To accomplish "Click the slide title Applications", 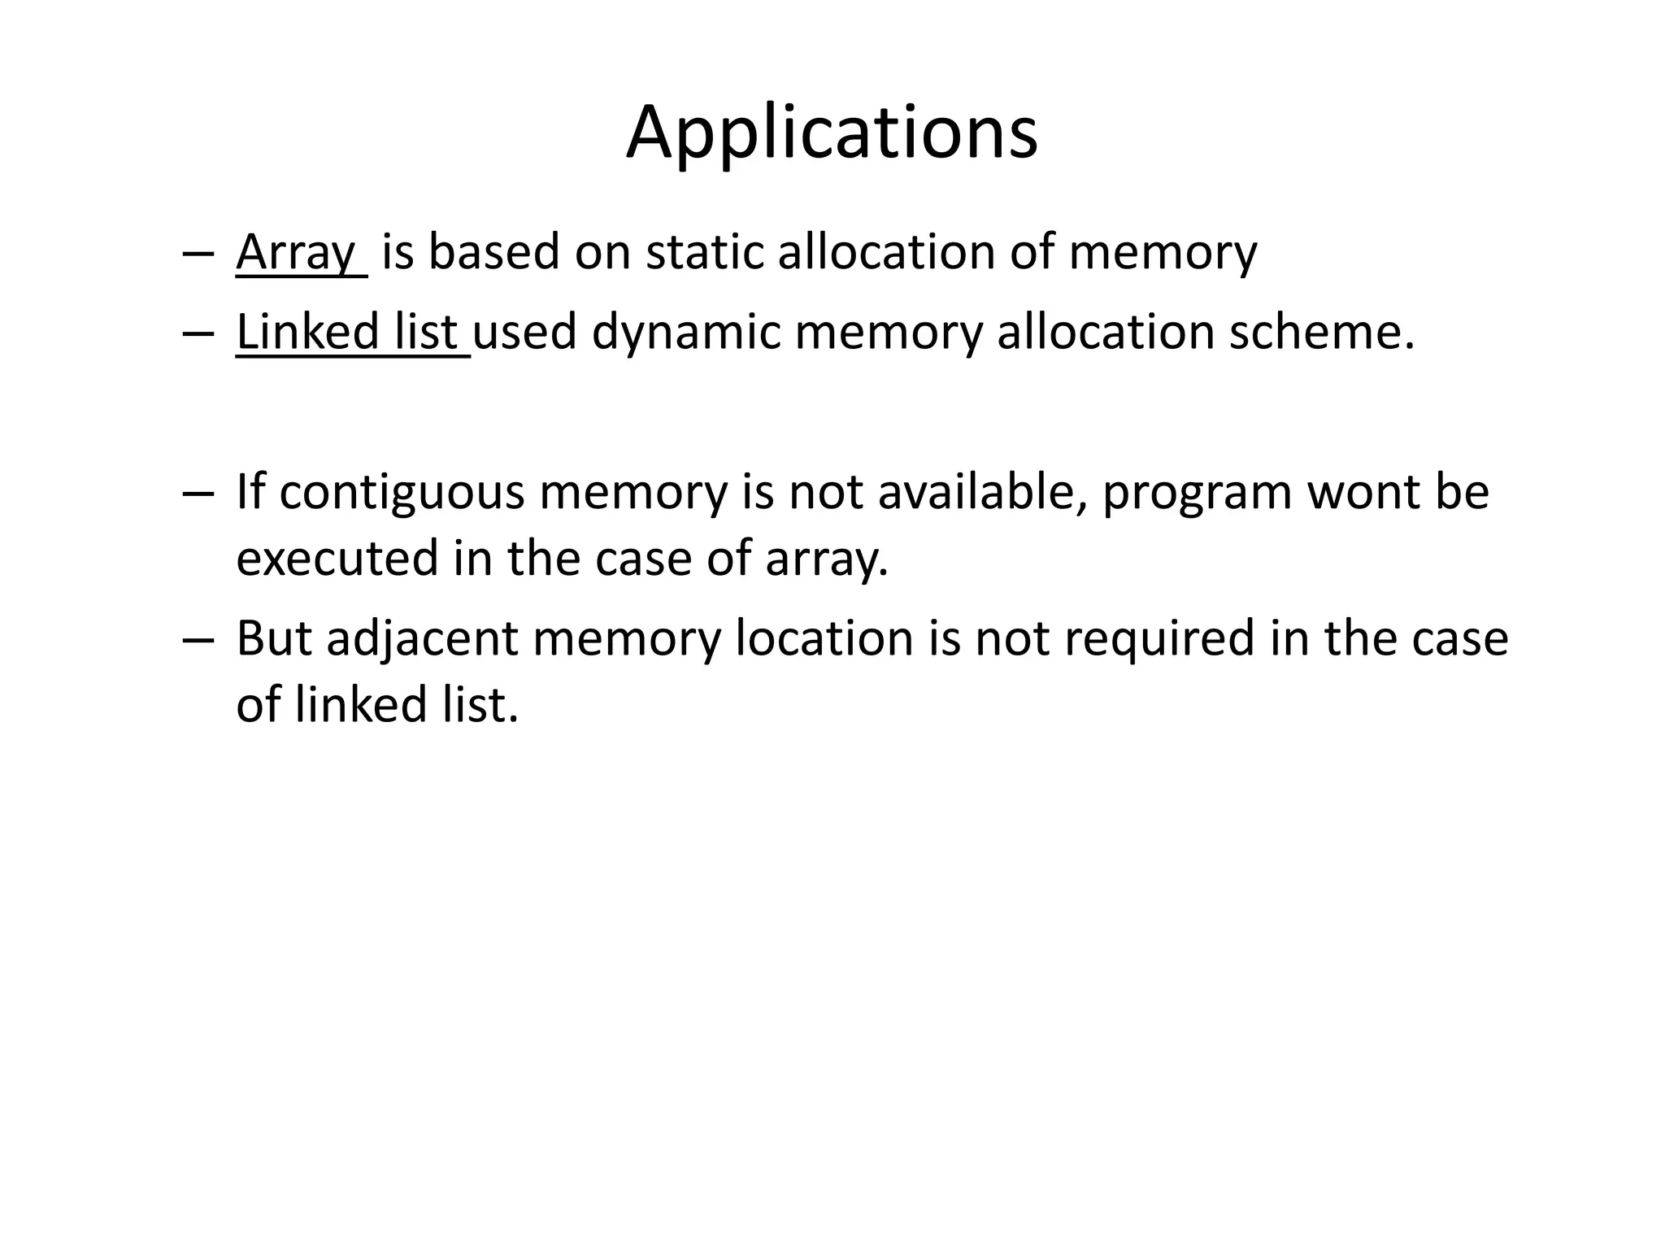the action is (832, 133).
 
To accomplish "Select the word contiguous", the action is (402, 494).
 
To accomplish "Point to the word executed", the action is (337, 559).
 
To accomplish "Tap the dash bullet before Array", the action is (198, 253).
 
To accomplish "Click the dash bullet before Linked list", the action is (198, 333).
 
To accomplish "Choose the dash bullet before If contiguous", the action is (198, 494).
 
